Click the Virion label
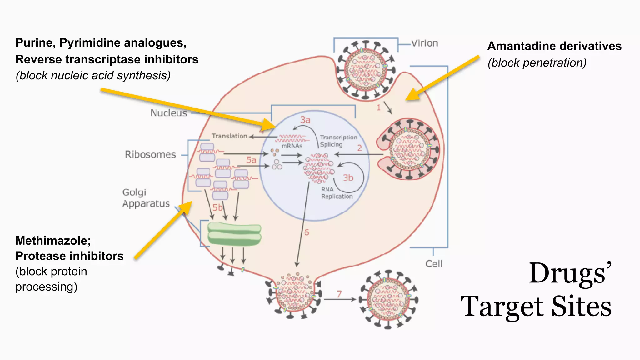[424, 43]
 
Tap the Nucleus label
[169, 113]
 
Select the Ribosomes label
[150, 154]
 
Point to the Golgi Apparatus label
[146, 198]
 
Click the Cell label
[434, 264]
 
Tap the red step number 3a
[305, 120]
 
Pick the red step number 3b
[348, 178]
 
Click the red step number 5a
[251, 160]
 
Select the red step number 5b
[217, 207]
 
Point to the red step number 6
[307, 232]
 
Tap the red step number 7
[339, 294]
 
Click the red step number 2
[360, 148]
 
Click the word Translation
[229, 136]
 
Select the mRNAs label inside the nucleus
[292, 146]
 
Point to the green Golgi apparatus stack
[234, 234]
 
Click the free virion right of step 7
[388, 299]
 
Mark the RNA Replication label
[337, 193]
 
